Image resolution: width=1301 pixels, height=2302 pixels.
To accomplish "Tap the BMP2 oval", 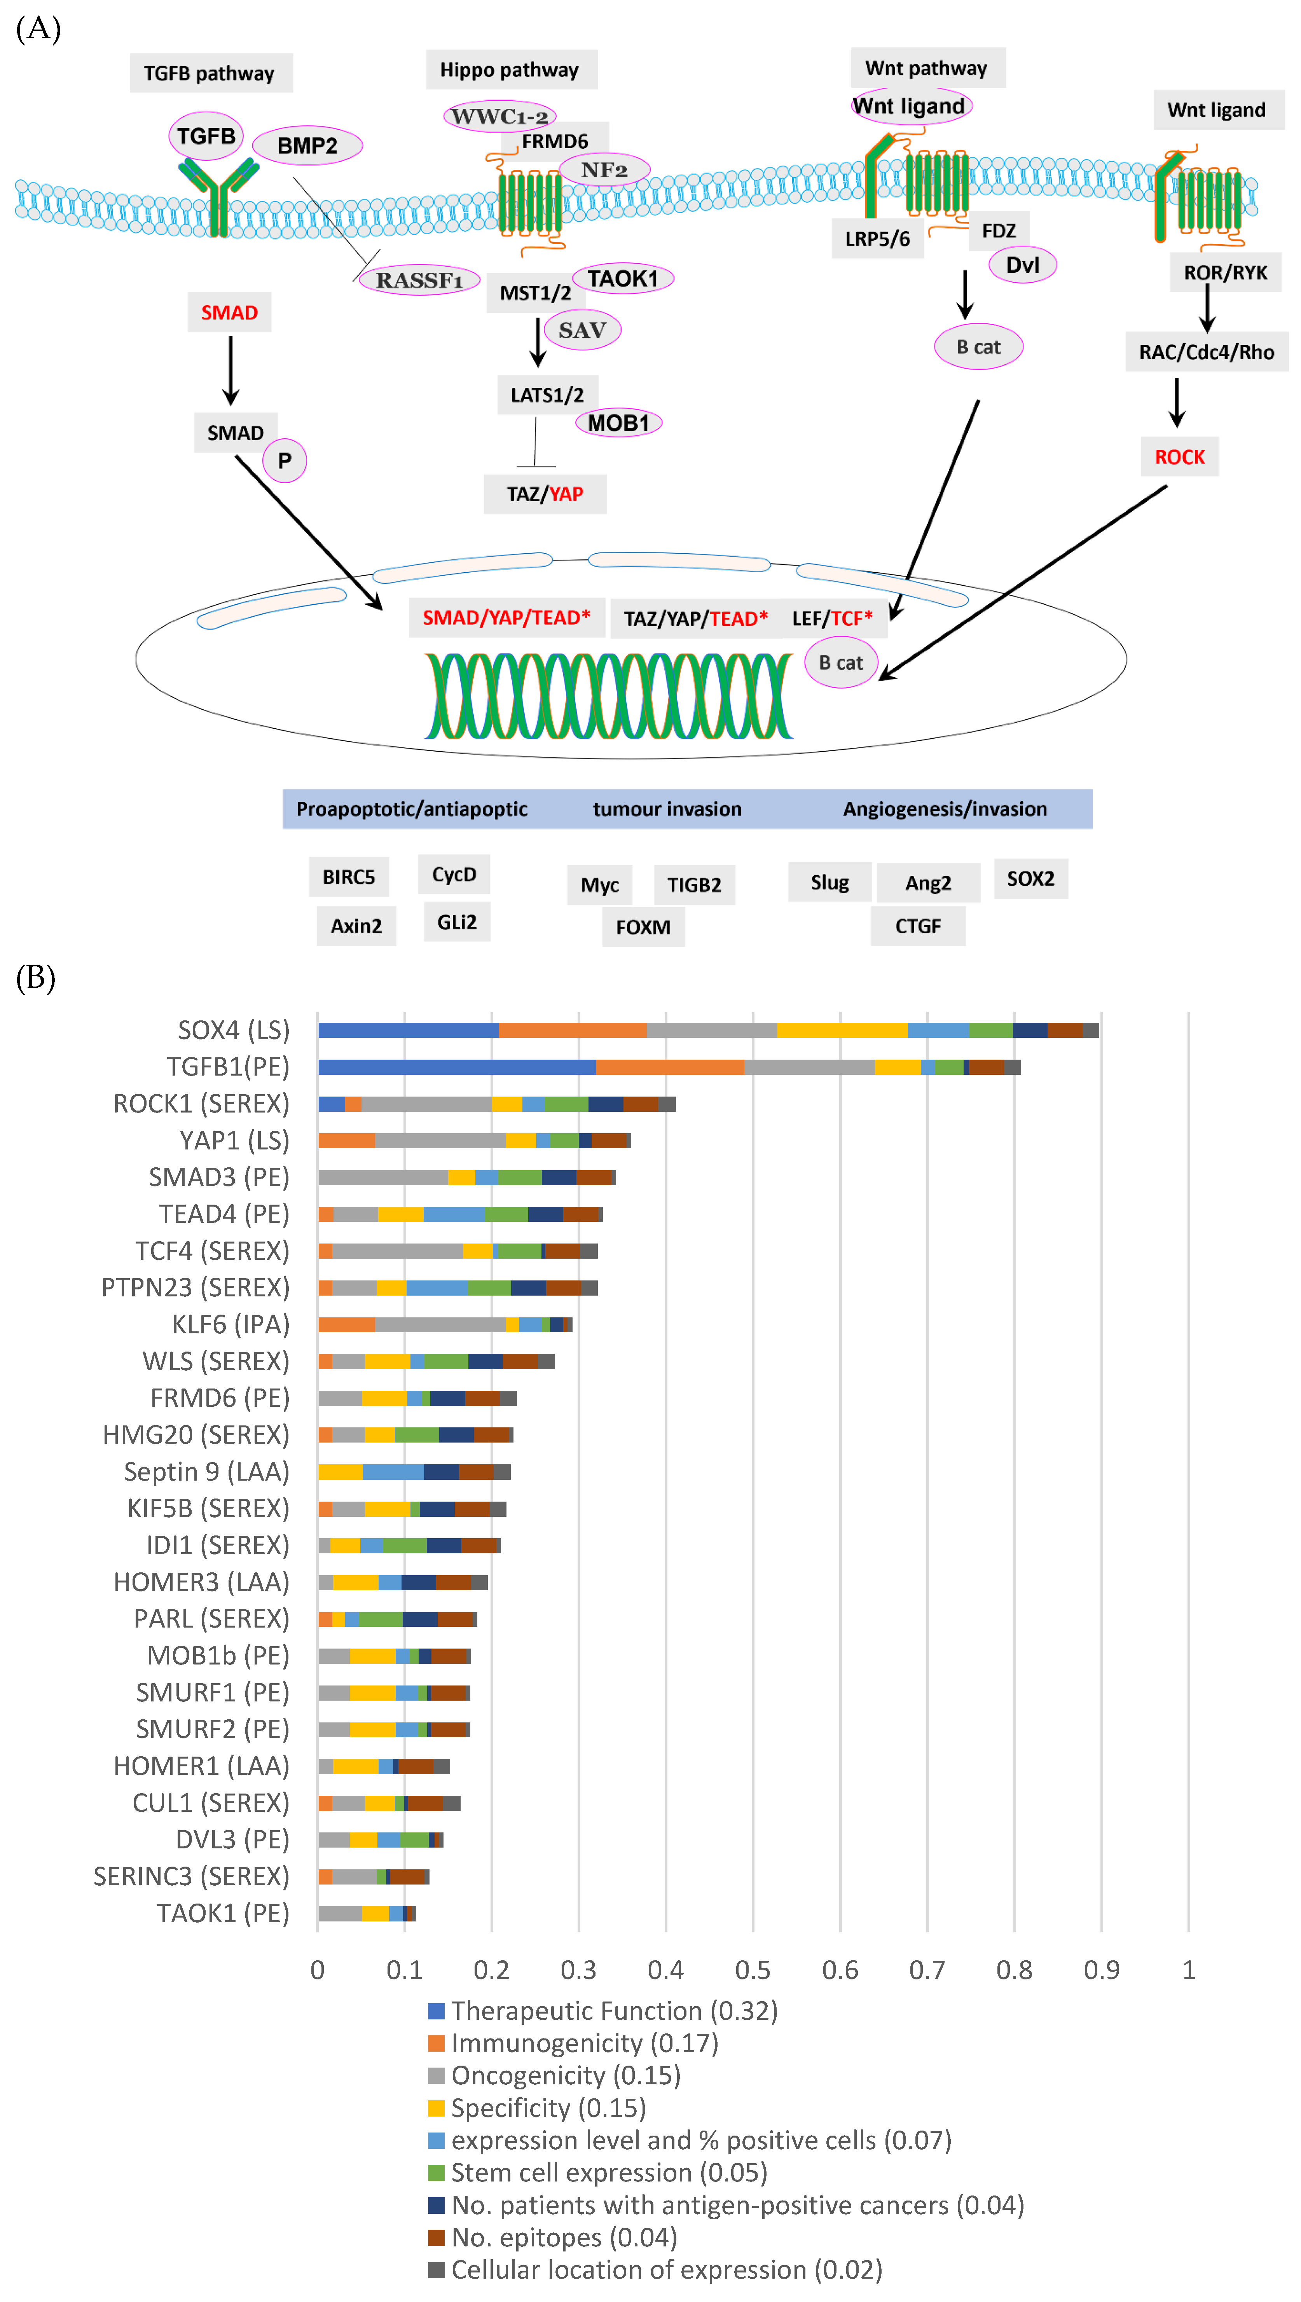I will tap(307, 146).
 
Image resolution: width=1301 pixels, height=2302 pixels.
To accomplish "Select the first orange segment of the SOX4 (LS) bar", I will tap(572, 1030).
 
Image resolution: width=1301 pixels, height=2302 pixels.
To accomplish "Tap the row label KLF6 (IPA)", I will tap(231, 1324).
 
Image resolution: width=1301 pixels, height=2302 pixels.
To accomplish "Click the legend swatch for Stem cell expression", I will tap(436, 2173).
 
